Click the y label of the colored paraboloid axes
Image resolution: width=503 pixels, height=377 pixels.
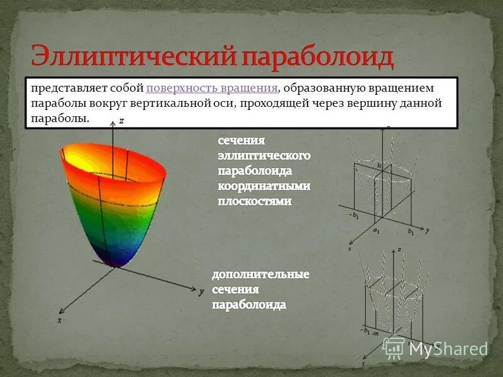201,292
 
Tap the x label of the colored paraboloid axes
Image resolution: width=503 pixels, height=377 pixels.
59,320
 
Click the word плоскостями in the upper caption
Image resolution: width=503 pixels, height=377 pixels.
255,201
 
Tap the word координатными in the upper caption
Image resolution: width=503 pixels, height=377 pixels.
264,186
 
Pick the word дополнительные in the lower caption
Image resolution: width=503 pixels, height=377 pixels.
260,275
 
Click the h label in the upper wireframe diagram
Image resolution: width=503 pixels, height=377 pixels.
379,165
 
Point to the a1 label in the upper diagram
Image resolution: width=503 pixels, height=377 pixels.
377,231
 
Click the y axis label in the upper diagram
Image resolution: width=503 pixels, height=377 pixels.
427,231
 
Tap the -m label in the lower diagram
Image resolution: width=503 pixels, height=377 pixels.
375,333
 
